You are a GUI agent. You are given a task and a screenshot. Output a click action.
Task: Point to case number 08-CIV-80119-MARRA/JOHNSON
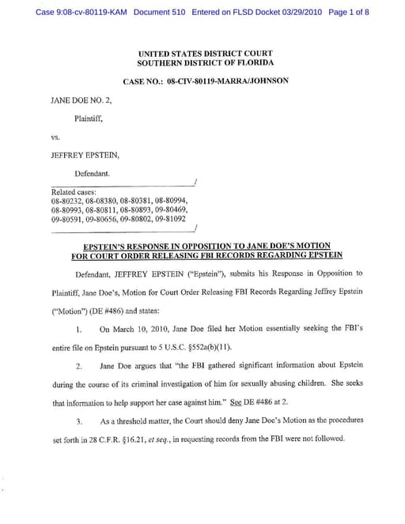(226, 81)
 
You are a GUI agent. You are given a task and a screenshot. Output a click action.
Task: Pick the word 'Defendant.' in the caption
(93, 172)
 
